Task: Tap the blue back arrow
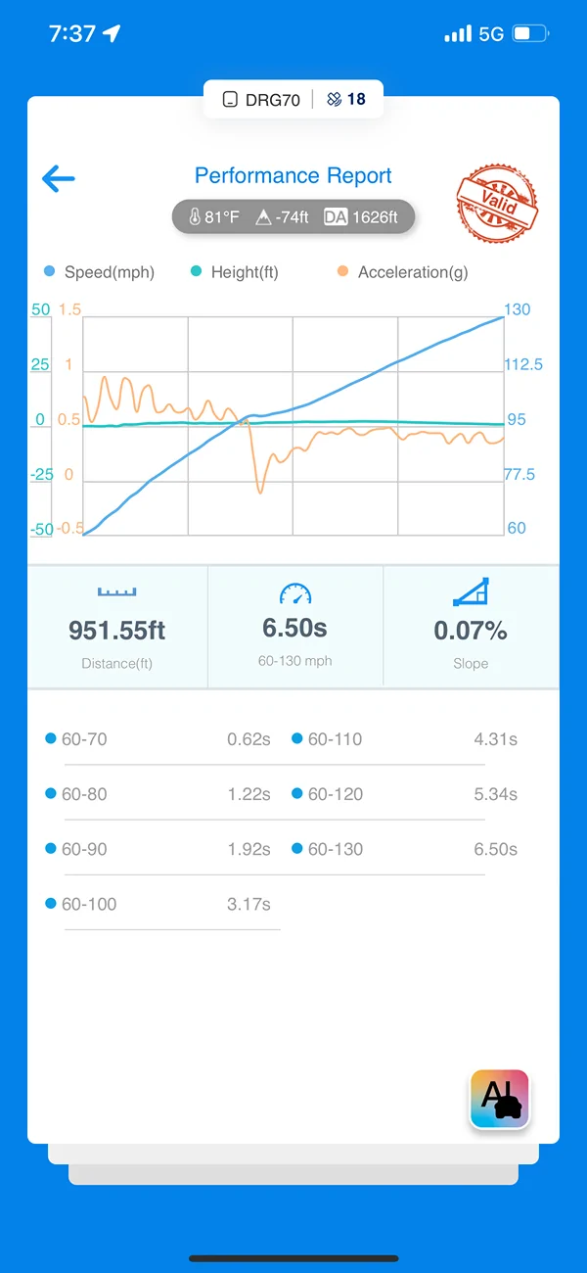click(x=59, y=178)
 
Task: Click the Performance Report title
click(x=293, y=175)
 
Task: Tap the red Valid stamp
click(x=497, y=203)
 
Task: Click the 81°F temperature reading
click(x=214, y=217)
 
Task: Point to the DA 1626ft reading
click(x=360, y=217)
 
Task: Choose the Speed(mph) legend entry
click(x=100, y=272)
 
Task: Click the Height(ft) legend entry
click(x=235, y=272)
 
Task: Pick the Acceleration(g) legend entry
click(x=402, y=272)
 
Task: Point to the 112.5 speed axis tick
click(x=523, y=364)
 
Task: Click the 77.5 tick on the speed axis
click(x=519, y=474)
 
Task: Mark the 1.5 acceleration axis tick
click(x=69, y=309)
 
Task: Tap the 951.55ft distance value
click(x=117, y=631)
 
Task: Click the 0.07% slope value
click(x=471, y=631)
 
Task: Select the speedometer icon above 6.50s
click(x=295, y=593)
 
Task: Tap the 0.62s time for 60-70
click(x=248, y=738)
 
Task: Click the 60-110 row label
click(x=335, y=738)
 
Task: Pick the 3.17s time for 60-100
click(x=248, y=904)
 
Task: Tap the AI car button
click(x=500, y=1099)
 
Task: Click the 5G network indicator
click(x=491, y=34)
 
